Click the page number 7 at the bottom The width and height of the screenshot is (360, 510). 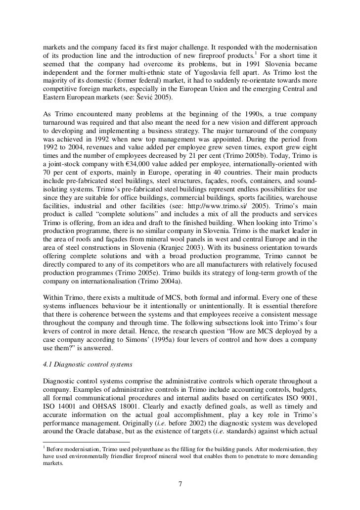point(180,483)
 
